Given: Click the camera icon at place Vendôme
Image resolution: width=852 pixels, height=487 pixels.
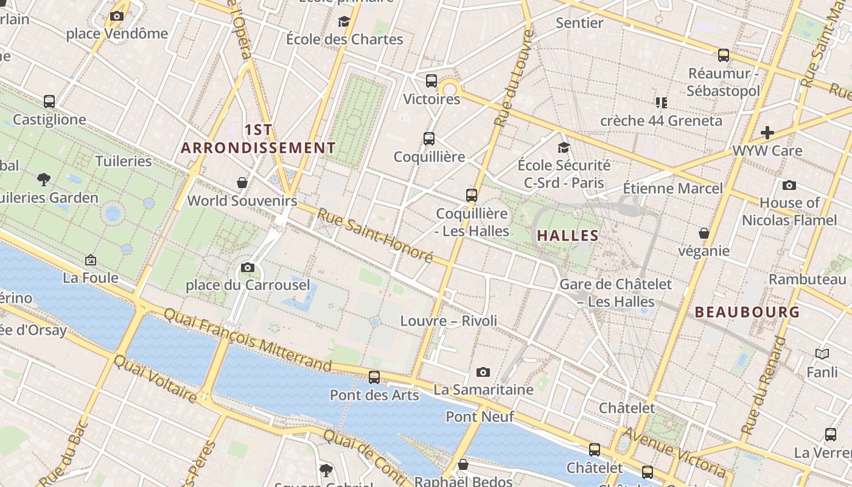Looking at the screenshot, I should (x=117, y=16).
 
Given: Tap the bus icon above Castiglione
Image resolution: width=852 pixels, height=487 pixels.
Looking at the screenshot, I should (x=49, y=102).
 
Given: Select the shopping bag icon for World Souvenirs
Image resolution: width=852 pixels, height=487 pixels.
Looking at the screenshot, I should (x=242, y=183).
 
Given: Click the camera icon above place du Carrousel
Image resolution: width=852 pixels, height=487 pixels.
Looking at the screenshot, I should (x=247, y=267).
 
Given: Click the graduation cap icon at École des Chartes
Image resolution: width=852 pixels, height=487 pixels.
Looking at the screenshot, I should (x=344, y=22).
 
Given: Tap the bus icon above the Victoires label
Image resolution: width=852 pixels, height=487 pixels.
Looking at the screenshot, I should (x=431, y=80).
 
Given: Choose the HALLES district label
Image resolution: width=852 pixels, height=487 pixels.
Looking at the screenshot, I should (x=568, y=236).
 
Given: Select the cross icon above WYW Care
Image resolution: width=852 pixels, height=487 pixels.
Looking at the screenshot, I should (x=767, y=132).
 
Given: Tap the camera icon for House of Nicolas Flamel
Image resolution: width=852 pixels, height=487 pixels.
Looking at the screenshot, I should (x=789, y=185).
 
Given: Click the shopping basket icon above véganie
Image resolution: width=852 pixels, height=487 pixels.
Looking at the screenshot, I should (x=704, y=233).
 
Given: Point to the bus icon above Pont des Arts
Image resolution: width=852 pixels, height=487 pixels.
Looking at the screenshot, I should (x=374, y=377).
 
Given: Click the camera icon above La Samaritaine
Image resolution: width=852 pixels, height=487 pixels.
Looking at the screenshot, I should (x=483, y=372).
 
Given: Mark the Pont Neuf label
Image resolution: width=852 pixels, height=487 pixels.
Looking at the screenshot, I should (x=480, y=417).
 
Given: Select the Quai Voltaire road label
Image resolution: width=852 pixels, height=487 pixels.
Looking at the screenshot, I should (x=156, y=378).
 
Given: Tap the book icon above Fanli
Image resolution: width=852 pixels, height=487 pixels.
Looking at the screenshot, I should (x=822, y=354).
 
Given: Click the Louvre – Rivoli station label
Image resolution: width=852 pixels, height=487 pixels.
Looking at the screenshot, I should (x=449, y=321).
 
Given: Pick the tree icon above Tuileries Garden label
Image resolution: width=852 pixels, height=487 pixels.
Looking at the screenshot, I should (x=43, y=180).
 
